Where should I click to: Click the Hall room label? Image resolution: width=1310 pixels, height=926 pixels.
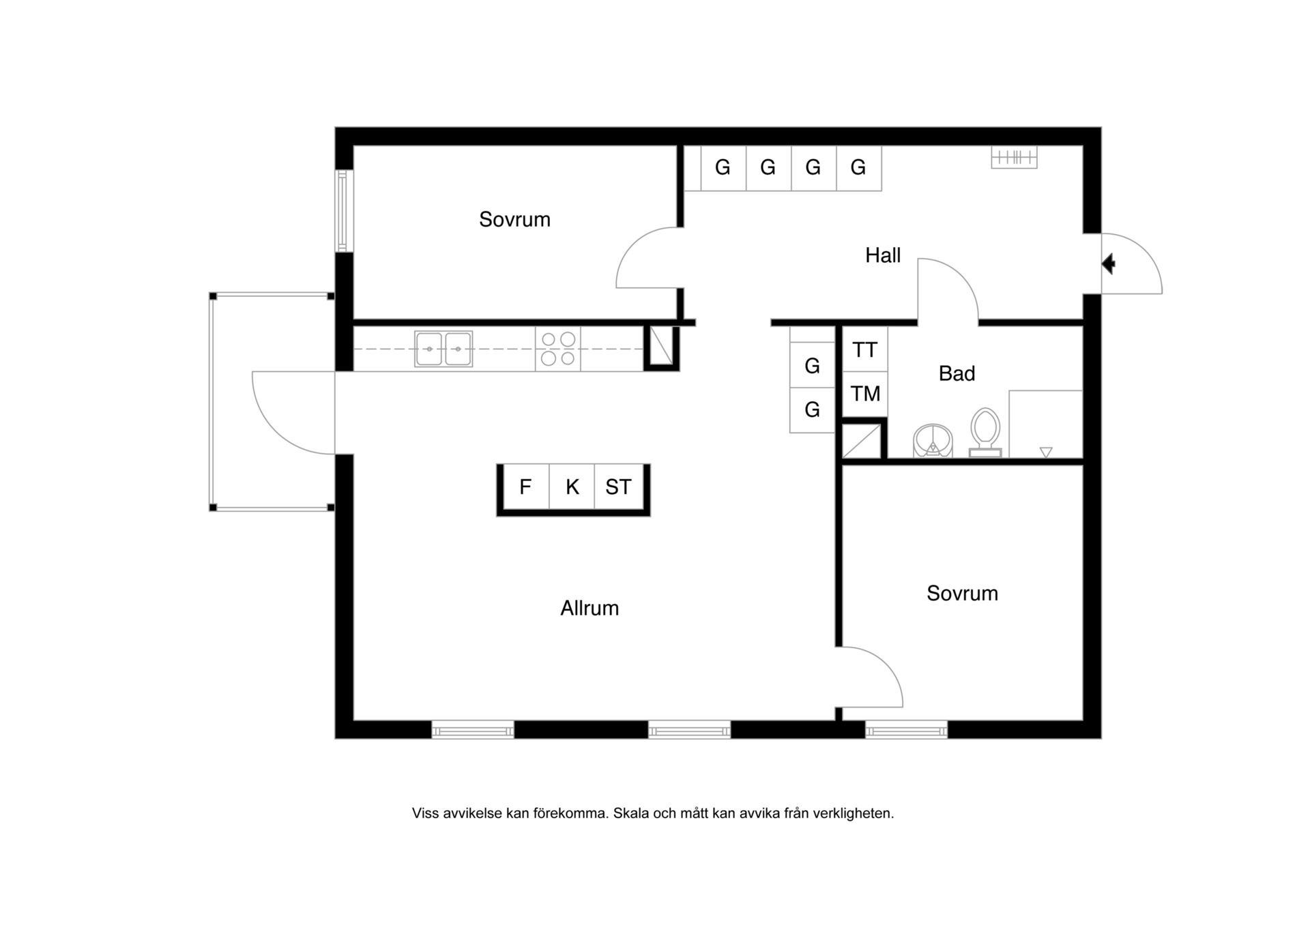(x=883, y=255)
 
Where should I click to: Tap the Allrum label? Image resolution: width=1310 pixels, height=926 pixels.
(x=589, y=608)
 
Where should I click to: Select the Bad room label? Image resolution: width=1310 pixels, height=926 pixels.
(x=957, y=373)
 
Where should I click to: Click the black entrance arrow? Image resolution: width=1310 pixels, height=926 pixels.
(x=1109, y=263)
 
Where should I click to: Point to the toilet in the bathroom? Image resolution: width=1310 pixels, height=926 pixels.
(x=985, y=433)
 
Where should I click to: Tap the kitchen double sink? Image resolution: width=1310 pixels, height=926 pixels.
(x=443, y=349)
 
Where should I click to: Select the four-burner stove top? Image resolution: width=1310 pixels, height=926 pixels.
(x=557, y=349)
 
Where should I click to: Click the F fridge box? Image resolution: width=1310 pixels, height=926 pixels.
(x=525, y=487)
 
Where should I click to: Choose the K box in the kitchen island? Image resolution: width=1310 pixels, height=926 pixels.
(x=572, y=487)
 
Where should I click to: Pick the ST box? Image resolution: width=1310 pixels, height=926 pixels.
(x=619, y=487)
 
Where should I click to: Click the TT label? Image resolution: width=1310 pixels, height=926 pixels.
(x=864, y=350)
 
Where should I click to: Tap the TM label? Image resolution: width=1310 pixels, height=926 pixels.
(x=865, y=394)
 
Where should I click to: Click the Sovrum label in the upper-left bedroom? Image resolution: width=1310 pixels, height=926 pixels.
(x=514, y=219)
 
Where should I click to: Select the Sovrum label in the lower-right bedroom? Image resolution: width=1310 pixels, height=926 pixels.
(x=962, y=593)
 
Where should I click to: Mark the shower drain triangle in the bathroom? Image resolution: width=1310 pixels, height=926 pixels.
(x=1046, y=452)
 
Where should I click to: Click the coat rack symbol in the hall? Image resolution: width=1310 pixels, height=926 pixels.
(x=1014, y=158)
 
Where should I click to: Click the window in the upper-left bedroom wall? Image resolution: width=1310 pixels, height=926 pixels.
(x=343, y=211)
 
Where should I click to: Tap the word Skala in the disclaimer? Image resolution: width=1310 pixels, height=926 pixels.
(x=630, y=813)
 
